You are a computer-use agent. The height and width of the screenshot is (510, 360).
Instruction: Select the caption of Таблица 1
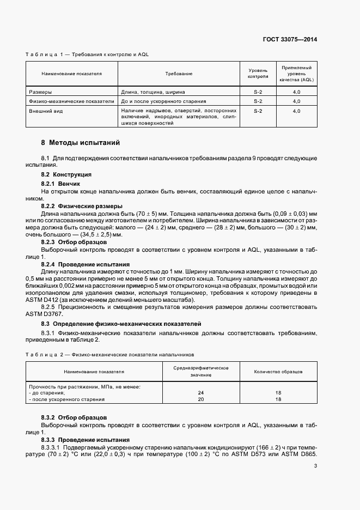[88, 55]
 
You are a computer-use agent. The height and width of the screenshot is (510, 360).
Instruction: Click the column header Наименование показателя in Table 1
[71, 73]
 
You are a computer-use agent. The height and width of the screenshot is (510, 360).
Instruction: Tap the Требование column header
[179, 73]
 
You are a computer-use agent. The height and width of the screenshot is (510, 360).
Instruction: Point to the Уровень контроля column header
[258, 73]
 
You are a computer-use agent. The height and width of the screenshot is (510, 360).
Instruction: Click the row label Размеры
[40, 92]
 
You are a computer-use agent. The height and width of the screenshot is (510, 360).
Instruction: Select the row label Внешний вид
[44, 111]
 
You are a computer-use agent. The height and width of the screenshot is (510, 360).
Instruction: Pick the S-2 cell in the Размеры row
[258, 92]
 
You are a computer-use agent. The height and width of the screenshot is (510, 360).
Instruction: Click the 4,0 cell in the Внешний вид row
[297, 111]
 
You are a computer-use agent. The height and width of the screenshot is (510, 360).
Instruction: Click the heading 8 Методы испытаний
[80, 143]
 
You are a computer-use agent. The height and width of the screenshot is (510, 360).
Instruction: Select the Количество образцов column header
[278, 372]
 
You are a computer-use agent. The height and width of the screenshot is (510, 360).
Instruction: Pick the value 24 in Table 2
[200, 393]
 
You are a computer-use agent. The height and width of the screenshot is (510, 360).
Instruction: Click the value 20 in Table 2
[200, 399]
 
